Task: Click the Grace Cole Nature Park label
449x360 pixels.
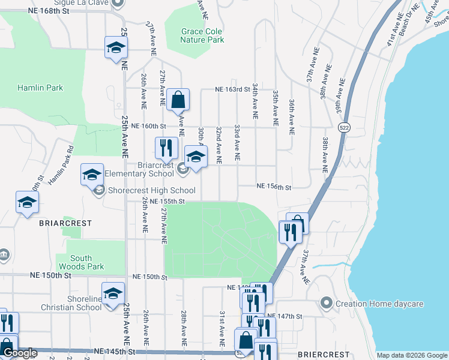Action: (x=202, y=35)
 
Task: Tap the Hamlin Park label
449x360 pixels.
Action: (x=40, y=88)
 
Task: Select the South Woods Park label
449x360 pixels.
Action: (x=82, y=262)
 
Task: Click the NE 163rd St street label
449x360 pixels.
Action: (x=232, y=89)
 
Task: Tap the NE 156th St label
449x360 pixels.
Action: (x=274, y=187)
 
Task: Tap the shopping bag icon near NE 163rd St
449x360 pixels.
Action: (x=178, y=100)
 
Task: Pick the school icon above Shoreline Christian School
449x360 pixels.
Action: (x=112, y=293)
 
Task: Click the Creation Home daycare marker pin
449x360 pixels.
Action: (x=327, y=302)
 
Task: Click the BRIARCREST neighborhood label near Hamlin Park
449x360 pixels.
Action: (x=65, y=223)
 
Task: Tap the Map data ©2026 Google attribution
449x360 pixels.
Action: (x=412, y=355)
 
